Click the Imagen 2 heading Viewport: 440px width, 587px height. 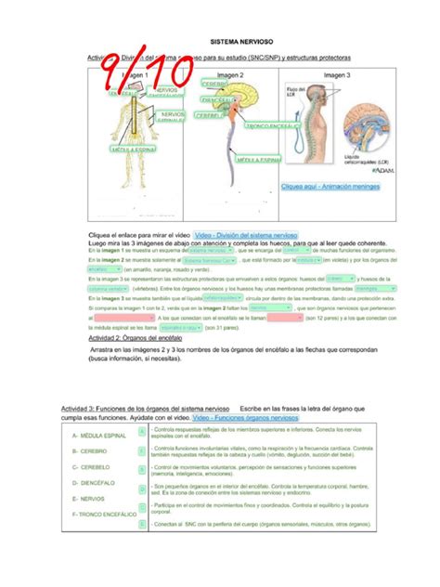click(228, 73)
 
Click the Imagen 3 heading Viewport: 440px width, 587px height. click(336, 73)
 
